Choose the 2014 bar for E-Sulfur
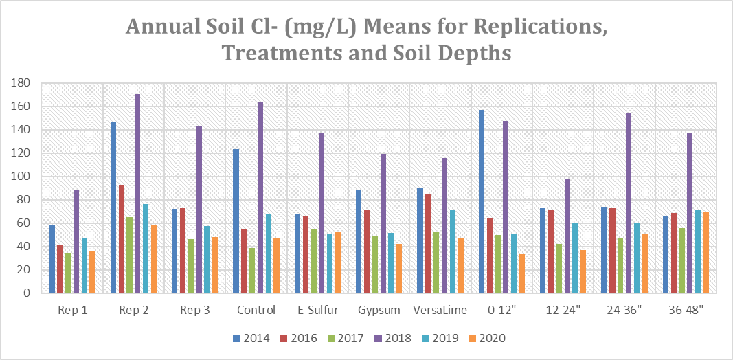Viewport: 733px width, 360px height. tap(297, 254)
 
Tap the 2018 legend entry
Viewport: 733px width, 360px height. tap(396, 338)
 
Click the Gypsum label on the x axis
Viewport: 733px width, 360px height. tap(379, 310)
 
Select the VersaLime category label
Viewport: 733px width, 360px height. tap(440, 310)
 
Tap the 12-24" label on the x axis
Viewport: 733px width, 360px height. tap(563, 310)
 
